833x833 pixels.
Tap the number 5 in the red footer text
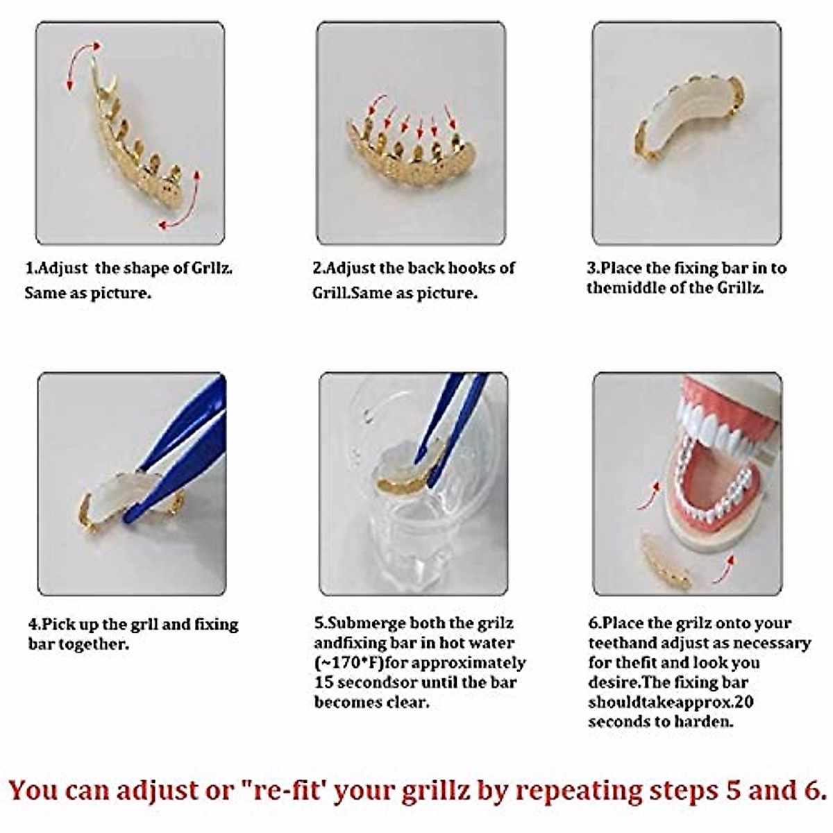[x=729, y=791]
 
